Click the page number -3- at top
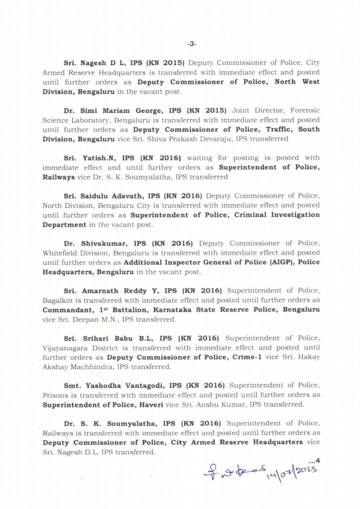pos(192,44)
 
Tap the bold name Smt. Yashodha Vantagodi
pos(109,385)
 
